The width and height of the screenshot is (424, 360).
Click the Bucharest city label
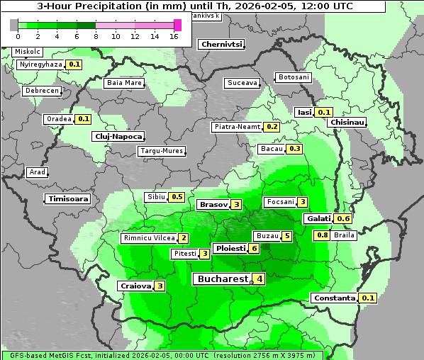(222, 279)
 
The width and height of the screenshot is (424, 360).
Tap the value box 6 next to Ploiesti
(254, 249)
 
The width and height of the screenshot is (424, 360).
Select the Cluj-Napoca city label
(118, 136)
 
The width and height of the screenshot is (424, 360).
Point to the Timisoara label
(68, 199)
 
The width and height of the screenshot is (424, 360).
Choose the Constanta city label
(334, 298)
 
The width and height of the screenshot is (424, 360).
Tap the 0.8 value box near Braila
(321, 235)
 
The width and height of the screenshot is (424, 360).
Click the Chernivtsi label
(222, 44)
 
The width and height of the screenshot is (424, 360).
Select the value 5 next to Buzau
(286, 236)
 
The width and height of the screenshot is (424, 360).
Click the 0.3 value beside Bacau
(294, 149)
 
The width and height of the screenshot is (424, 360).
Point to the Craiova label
(135, 286)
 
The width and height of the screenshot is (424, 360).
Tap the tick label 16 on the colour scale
(174, 37)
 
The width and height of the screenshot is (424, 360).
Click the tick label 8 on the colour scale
(96, 37)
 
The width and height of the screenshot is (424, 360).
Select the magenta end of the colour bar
(177, 25)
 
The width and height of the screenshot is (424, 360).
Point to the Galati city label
(319, 219)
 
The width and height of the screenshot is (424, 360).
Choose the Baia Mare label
(124, 83)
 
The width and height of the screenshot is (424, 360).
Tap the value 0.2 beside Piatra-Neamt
(271, 127)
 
